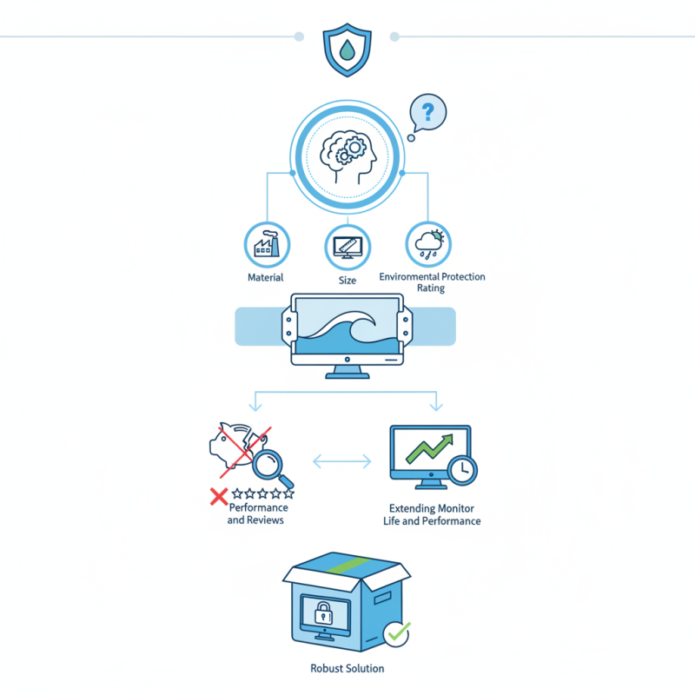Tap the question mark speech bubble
pyautogui.click(x=427, y=113)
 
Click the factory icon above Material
pyautogui.click(x=266, y=245)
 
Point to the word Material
pyautogui.click(x=266, y=278)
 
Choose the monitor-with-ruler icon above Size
pyautogui.click(x=347, y=247)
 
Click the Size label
pyautogui.click(x=347, y=281)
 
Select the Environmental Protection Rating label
pyautogui.click(x=432, y=282)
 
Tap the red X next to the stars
pyautogui.click(x=219, y=496)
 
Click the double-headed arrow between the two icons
pyautogui.click(x=341, y=462)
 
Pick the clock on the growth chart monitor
pyautogui.click(x=462, y=469)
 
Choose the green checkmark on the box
pyautogui.click(x=397, y=634)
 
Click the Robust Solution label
pyautogui.click(x=347, y=669)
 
